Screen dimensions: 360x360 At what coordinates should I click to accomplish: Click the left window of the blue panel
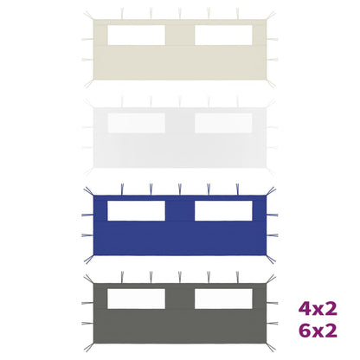tap(136, 210)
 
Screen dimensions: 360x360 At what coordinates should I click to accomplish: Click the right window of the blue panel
tap(223, 210)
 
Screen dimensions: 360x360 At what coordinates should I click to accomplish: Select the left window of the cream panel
tap(136, 35)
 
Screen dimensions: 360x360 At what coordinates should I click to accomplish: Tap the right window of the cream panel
tap(223, 35)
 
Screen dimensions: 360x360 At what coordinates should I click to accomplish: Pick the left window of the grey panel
tap(136, 299)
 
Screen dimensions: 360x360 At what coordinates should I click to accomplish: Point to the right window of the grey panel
tap(223, 299)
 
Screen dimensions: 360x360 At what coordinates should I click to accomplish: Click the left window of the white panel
tap(136, 123)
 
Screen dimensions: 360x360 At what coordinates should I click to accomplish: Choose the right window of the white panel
tap(223, 123)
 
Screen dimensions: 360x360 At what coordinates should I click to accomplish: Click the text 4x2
tap(318, 309)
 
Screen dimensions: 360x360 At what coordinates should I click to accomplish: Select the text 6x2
tap(318, 331)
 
